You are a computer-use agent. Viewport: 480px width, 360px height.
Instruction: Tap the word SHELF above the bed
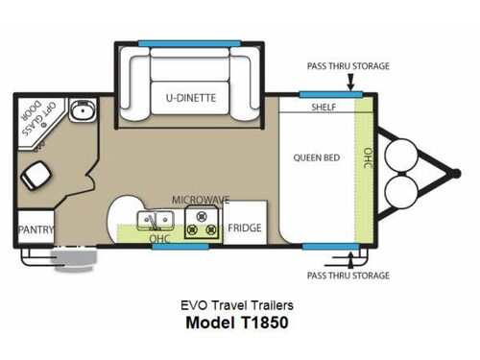coord(323,108)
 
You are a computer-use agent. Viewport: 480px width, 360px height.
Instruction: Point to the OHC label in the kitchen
coord(159,237)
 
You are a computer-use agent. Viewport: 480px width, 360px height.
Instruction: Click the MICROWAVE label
coord(200,199)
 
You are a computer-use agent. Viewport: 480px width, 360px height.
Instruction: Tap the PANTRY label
coord(36,230)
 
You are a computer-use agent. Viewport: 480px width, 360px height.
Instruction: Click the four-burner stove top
coord(203,223)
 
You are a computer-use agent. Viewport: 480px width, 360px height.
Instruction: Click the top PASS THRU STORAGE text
coord(348,66)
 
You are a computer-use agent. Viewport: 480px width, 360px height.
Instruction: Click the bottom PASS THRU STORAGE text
coord(348,276)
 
